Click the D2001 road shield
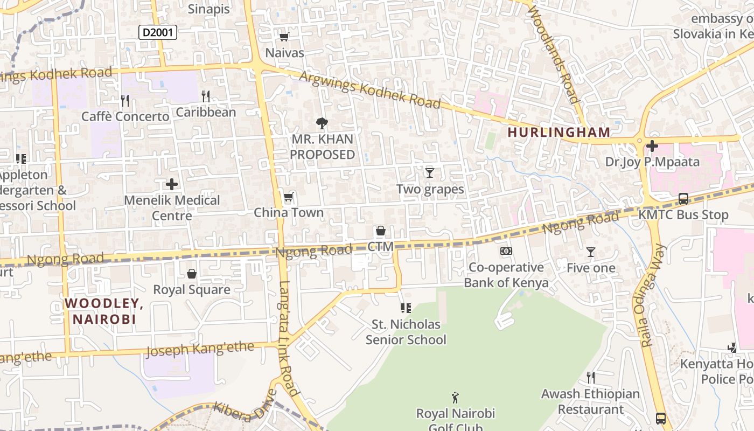click(158, 33)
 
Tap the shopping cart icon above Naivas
click(284, 37)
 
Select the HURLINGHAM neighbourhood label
click(559, 132)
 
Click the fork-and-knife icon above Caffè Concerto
click(125, 100)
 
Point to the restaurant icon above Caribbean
click(205, 96)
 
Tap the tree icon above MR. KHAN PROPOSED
click(322, 123)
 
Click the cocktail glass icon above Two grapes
click(429, 173)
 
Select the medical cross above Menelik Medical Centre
click(172, 184)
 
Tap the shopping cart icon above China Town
click(289, 197)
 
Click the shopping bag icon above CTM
click(381, 231)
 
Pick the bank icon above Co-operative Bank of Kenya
click(506, 251)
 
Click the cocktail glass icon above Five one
click(591, 252)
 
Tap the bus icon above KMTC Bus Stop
click(683, 199)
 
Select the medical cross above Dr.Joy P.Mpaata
click(652, 146)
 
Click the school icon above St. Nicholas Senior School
click(406, 308)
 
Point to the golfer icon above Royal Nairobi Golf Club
click(456, 398)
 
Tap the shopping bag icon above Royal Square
click(192, 274)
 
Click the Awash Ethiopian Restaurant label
click(590, 401)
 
